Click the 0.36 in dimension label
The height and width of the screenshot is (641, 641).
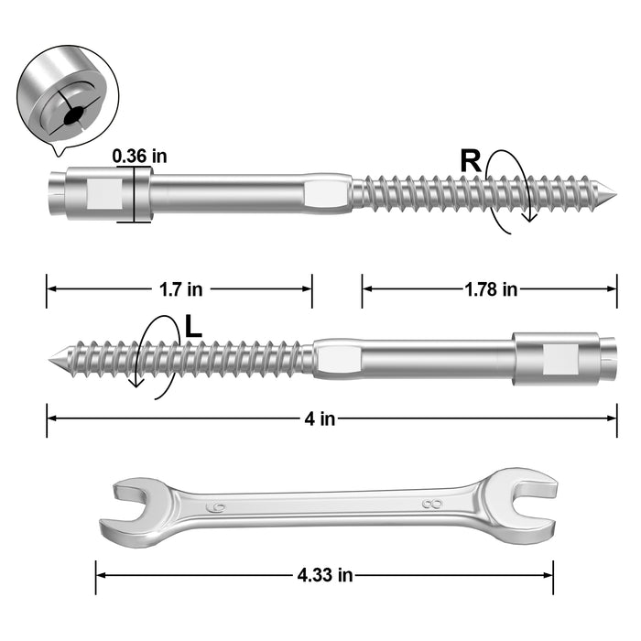point(139,156)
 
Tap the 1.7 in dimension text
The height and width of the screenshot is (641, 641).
point(180,289)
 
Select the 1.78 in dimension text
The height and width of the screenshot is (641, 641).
point(490,289)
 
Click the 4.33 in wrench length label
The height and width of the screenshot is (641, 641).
point(324,576)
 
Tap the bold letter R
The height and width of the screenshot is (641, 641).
point(471,161)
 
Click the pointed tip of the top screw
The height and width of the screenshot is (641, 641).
point(612,193)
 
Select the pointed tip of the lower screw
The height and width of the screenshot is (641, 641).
point(53,357)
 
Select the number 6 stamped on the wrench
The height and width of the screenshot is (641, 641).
point(215,506)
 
